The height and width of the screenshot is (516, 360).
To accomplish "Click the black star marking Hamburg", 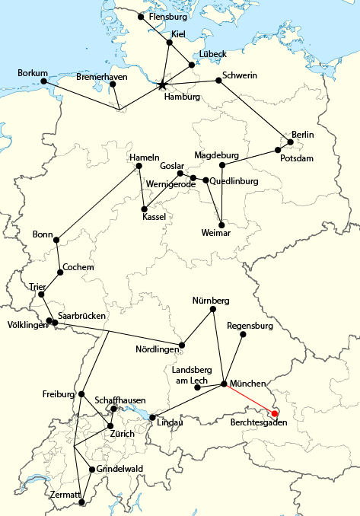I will point(162,85).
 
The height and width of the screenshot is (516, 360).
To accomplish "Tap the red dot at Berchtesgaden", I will point(276,413).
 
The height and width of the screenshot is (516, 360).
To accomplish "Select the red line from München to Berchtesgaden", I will point(250,398).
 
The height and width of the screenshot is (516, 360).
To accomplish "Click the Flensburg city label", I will point(168,15).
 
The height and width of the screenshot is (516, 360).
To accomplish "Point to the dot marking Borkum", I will point(44,81).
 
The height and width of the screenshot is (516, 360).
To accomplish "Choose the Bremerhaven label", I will point(101,78).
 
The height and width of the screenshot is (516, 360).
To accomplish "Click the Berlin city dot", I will point(290,142).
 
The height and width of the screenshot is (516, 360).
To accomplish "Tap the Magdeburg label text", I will point(216,155).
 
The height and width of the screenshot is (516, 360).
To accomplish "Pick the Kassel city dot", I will point(144,208).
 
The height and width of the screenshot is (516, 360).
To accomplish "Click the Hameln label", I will point(145,157).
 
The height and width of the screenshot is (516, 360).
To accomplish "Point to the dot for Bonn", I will point(56,239).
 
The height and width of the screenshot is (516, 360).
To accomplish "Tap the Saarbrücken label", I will point(81,315).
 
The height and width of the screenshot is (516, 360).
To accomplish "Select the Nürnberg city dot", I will point(213,309).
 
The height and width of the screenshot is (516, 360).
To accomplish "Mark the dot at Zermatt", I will point(82,502).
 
